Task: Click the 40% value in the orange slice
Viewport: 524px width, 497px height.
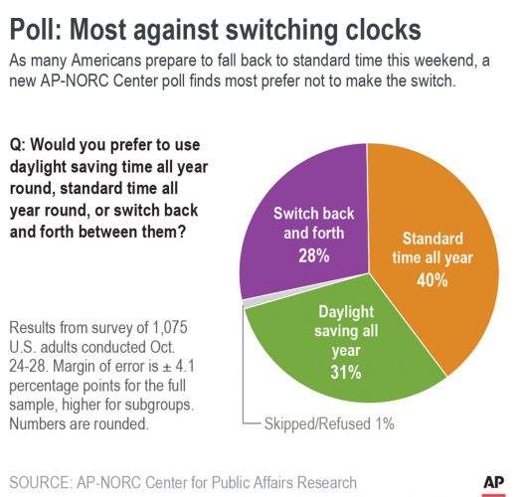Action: coord(432,280)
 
